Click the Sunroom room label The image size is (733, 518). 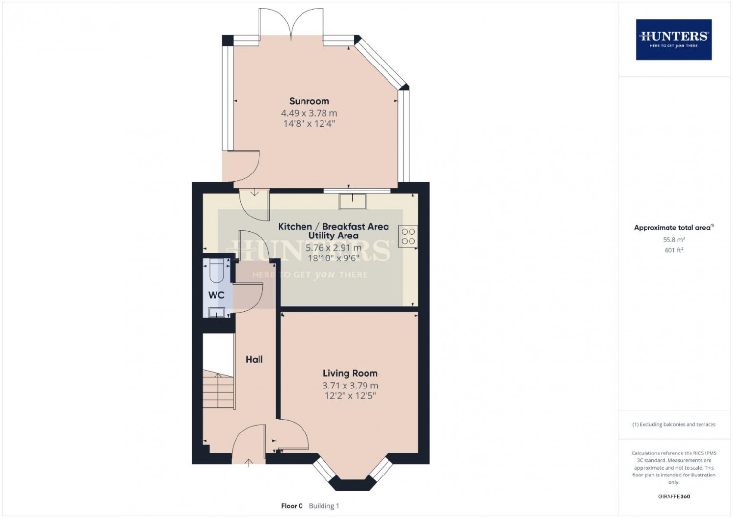tap(309, 101)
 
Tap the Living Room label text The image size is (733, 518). tap(350, 373)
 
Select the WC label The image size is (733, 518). tap(216, 295)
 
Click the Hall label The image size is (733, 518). tap(254, 359)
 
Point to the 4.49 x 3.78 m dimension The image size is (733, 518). tap(309, 113)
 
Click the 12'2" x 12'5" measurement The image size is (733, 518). tap(350, 396)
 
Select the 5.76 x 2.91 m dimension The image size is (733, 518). tap(333, 248)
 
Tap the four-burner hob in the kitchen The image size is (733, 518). tap(408, 237)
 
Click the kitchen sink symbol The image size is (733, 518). tap(353, 200)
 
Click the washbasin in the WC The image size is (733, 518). tap(216, 312)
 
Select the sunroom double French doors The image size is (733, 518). tap(291, 24)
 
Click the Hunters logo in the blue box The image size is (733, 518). tap(673, 39)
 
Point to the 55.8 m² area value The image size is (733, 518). tap(673, 240)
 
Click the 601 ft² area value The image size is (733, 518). tap(673, 250)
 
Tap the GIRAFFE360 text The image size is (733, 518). tap(673, 496)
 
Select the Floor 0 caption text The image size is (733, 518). tap(292, 506)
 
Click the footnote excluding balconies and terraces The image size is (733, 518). tap(673, 424)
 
